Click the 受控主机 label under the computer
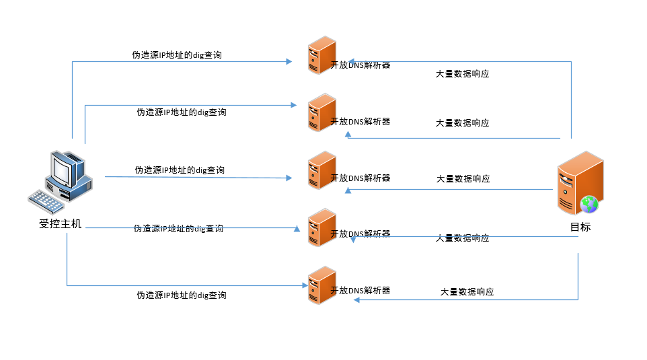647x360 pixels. [x=61, y=224]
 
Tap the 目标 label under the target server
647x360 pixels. [x=580, y=227]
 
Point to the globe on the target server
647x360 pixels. [x=589, y=203]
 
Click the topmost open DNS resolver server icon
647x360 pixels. [x=321, y=56]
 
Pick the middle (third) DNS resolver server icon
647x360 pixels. [x=321, y=170]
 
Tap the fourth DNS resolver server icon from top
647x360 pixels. [x=321, y=227]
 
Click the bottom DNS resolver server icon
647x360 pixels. [x=321, y=285]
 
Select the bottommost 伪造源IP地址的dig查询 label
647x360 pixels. [x=182, y=295]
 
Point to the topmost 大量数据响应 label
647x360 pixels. [x=462, y=74]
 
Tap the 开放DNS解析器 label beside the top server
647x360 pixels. [x=360, y=65]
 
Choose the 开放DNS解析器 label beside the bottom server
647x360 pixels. [x=360, y=290]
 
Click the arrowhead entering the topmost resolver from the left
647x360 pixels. [x=289, y=61]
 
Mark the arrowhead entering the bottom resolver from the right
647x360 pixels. [x=356, y=299]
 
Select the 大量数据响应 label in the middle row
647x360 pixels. [x=463, y=179]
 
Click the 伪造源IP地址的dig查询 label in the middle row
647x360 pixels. [x=180, y=170]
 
